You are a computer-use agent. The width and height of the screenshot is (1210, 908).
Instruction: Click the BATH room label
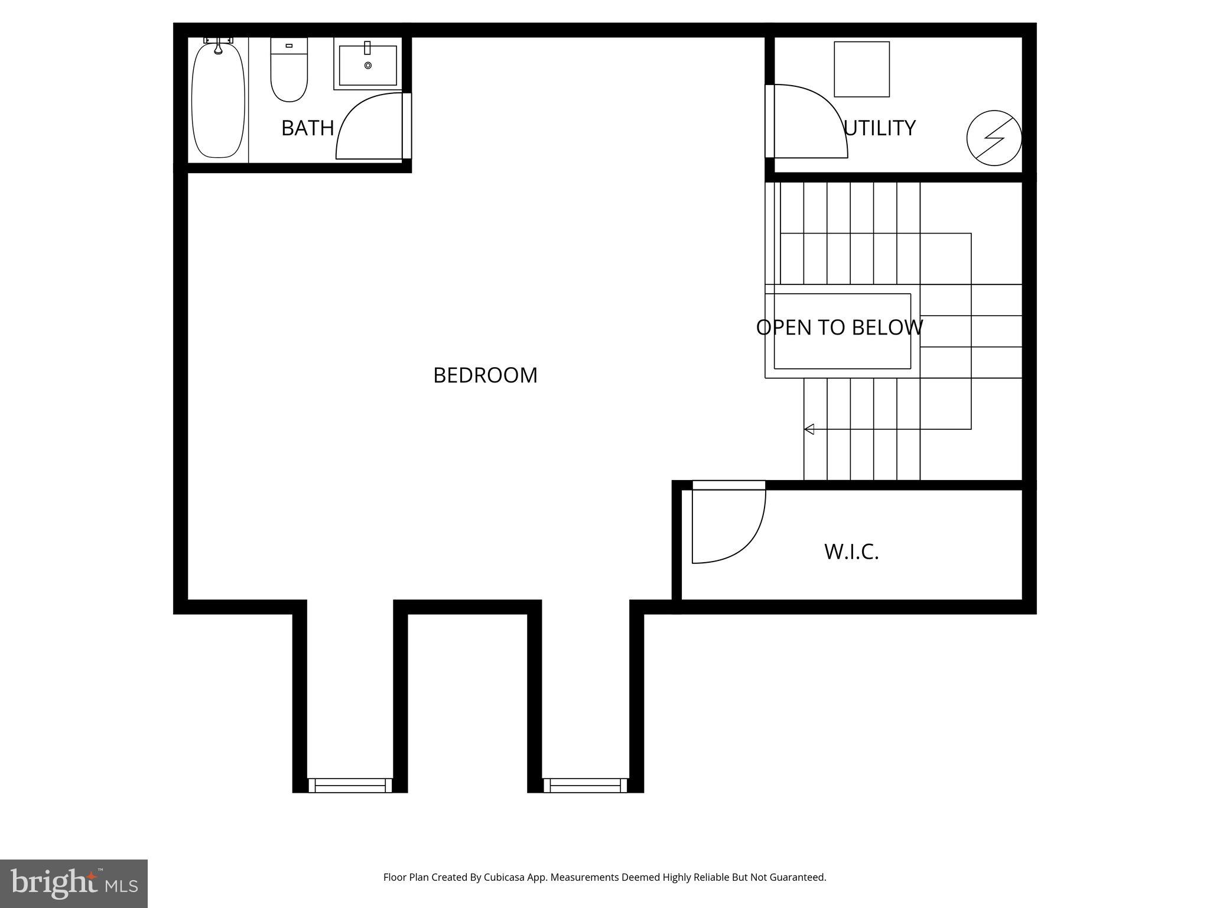(x=307, y=128)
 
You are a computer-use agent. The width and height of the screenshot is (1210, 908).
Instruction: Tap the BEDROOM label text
(x=485, y=375)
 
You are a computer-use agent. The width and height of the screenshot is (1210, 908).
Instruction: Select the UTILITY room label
(x=880, y=128)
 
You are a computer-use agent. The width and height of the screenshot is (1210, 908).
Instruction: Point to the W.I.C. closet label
(x=851, y=552)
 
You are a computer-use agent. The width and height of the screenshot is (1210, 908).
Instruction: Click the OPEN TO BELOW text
(x=839, y=327)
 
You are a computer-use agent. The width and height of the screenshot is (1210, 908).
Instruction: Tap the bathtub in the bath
(x=218, y=100)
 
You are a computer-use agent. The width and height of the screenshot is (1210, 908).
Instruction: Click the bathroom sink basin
(x=367, y=64)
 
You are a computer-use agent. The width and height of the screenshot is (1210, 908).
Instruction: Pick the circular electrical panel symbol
(x=994, y=138)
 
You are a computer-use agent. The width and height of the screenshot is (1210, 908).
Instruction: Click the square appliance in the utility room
(x=861, y=69)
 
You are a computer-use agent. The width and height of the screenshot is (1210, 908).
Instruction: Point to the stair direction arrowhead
(x=809, y=429)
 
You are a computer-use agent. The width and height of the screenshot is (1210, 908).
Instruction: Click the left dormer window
(x=350, y=785)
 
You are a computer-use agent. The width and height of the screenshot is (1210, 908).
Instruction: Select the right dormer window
(x=585, y=785)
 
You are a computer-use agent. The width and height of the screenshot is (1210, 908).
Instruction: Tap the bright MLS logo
(x=73, y=883)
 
